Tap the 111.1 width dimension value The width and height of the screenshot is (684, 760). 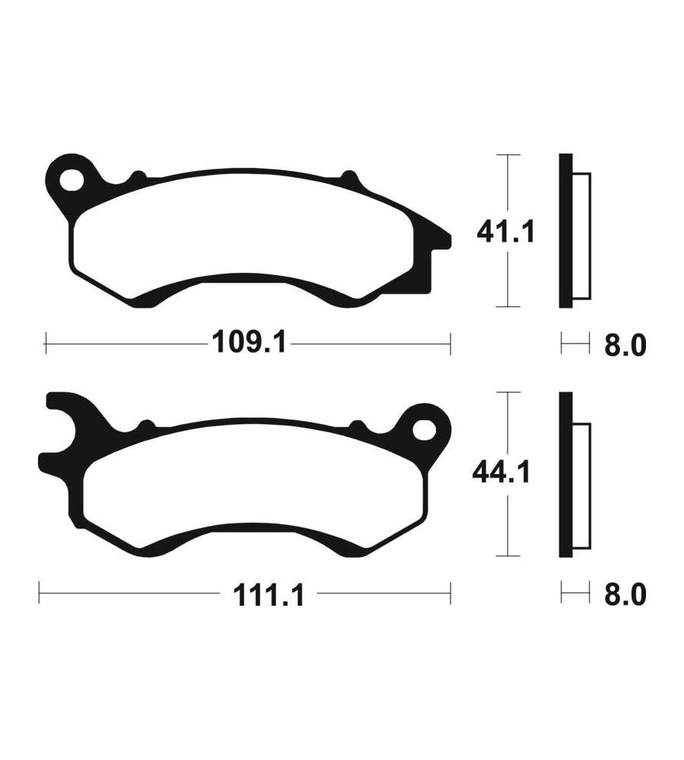[268, 595]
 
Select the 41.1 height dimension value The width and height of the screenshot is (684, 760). [505, 232]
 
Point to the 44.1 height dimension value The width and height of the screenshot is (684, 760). [502, 472]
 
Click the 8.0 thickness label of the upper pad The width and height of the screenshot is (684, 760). [625, 345]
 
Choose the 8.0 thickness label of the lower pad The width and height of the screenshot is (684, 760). [625, 594]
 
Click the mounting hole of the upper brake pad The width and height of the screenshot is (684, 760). [71, 180]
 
